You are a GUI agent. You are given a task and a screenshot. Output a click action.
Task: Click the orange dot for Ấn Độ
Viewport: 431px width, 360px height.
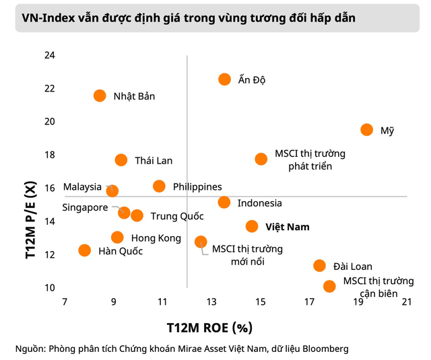click(x=224, y=79)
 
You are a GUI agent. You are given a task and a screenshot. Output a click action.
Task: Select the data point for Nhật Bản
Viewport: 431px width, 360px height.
click(x=100, y=96)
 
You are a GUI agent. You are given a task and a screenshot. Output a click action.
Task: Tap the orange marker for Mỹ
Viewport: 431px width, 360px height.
click(x=366, y=130)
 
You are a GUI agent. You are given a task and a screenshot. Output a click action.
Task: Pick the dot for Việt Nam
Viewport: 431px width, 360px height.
click(x=252, y=226)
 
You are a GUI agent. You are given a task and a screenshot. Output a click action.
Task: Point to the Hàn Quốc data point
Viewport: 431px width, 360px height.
click(x=84, y=250)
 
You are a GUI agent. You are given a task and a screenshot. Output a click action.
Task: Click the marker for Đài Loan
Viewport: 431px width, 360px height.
click(x=319, y=266)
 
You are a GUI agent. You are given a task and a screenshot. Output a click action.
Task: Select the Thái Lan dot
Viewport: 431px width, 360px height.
click(x=121, y=160)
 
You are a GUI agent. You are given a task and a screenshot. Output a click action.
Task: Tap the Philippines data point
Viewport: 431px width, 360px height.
click(x=159, y=186)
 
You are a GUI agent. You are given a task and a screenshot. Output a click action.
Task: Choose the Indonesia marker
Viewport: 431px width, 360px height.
click(x=224, y=203)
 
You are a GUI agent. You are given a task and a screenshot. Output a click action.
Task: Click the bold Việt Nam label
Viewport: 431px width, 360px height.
click(x=288, y=227)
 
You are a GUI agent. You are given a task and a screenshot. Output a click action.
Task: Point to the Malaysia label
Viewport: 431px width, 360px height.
click(x=82, y=186)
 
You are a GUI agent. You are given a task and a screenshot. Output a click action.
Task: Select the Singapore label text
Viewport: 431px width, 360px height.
click(x=85, y=208)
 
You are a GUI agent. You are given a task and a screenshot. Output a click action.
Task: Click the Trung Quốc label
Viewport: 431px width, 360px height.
click(x=177, y=216)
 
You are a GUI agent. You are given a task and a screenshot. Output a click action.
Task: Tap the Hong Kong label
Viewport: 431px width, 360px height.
click(x=156, y=238)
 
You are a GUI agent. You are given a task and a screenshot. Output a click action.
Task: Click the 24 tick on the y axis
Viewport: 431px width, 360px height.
click(x=50, y=55)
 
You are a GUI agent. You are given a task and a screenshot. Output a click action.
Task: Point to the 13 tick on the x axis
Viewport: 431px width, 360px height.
click(x=211, y=301)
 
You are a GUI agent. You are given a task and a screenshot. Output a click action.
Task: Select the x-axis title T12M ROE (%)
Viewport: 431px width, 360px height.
click(x=209, y=328)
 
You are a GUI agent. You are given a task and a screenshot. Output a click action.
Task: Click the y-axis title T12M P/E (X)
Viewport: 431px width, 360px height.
click(x=31, y=220)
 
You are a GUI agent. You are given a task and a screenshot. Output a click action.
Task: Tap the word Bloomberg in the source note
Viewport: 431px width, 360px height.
click(x=325, y=349)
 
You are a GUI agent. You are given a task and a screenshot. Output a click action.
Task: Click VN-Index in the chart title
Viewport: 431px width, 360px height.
click(x=48, y=18)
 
